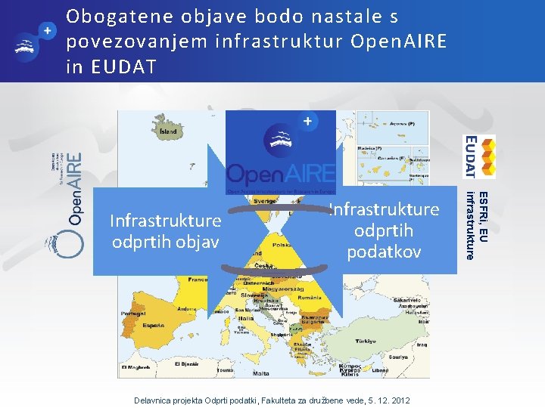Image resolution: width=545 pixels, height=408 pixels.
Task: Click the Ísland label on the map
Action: click(x=168, y=131)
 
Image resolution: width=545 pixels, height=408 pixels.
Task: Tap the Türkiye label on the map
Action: click(x=367, y=341)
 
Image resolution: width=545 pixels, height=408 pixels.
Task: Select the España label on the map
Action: click(x=154, y=325)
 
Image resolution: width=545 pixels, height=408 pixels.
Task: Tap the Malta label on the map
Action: click(x=261, y=373)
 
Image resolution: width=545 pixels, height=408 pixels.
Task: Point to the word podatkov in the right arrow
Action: click(x=384, y=251)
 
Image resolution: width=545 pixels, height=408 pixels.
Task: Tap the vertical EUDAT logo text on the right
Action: click(x=470, y=156)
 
